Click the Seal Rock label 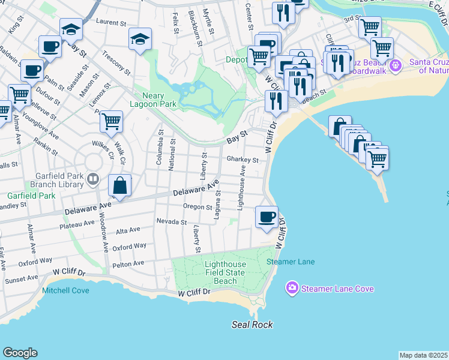point(252,325)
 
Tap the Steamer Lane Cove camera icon point(292,289)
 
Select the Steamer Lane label point(291,262)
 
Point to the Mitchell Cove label point(65,290)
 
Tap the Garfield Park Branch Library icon point(93,178)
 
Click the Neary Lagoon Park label point(151,100)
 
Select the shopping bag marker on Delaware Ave point(120,185)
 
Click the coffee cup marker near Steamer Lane point(267,217)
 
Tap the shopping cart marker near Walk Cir point(112,121)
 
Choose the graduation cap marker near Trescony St point(140,40)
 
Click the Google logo point(20,353)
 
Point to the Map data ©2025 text point(423,355)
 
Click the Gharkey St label point(243,160)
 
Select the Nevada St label point(172,222)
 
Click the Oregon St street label point(197,208)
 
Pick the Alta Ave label point(127,230)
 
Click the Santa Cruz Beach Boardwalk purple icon point(395,65)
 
